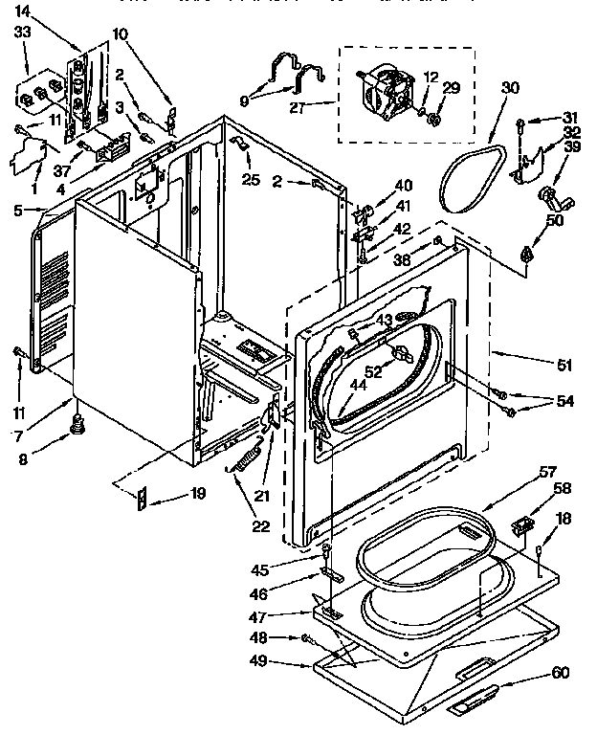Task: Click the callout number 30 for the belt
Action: click(x=510, y=86)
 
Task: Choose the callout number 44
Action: click(x=330, y=385)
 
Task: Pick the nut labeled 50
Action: click(x=526, y=253)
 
